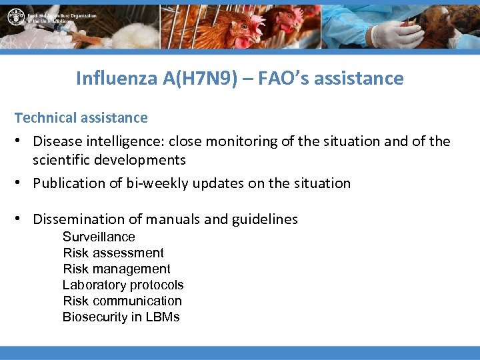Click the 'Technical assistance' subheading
click(x=81, y=118)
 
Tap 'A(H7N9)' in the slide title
click(x=204, y=79)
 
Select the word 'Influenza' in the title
click(x=117, y=79)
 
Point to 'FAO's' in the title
click(x=290, y=79)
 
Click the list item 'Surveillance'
click(x=99, y=237)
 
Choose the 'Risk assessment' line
click(x=113, y=253)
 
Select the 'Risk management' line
click(x=117, y=269)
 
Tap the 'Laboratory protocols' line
click(x=123, y=285)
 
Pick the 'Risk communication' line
click(x=122, y=301)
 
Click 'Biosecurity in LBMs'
click(x=121, y=317)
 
